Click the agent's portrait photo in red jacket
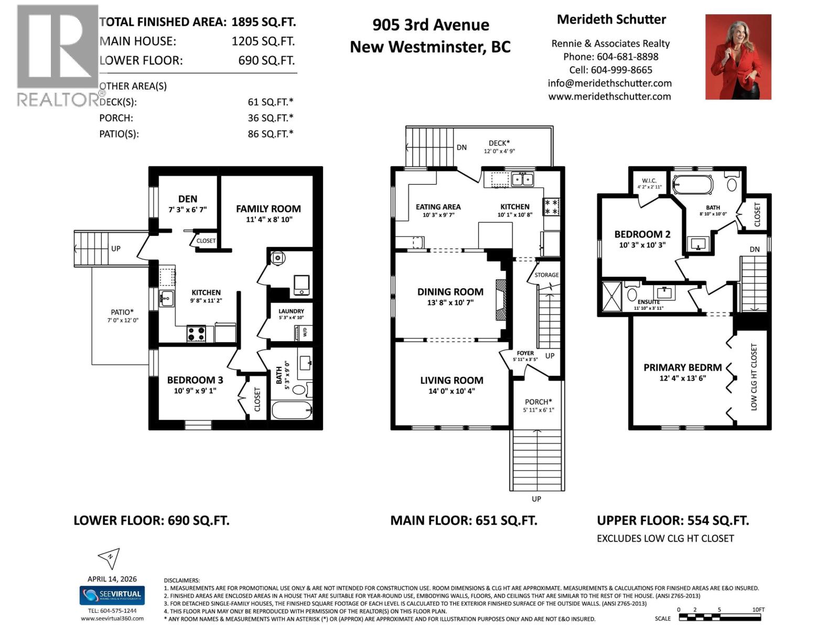click(x=738, y=57)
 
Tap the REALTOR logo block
click(x=58, y=55)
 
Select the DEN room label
click(x=187, y=199)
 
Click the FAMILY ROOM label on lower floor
click(x=268, y=209)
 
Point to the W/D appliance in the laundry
click(x=304, y=332)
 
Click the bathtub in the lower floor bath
click(x=292, y=409)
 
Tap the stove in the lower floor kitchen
click(x=197, y=333)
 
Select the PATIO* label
click(x=122, y=312)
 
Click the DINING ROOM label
click(x=450, y=292)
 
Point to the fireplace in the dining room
click(x=501, y=300)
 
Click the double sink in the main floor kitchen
click(x=522, y=179)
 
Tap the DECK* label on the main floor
click(x=499, y=143)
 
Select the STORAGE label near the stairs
click(x=546, y=275)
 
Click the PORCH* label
click(x=538, y=402)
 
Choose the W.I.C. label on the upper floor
click(x=649, y=180)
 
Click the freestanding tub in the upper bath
click(x=692, y=185)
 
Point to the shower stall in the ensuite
click(x=611, y=298)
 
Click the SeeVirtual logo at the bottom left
click(x=112, y=595)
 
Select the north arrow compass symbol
click(x=110, y=558)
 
